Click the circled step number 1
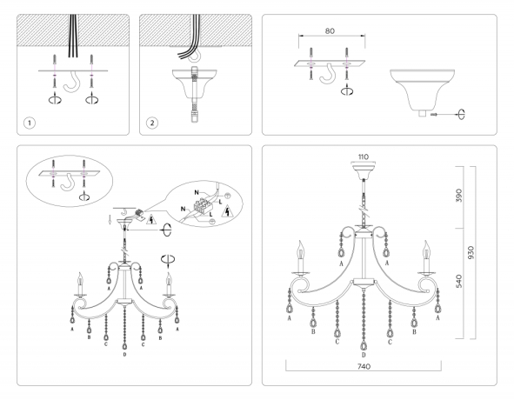point(30,123)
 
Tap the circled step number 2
point(153,123)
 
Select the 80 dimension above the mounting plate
point(329,30)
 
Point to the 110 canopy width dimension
point(364,157)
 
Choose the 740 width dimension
point(363,369)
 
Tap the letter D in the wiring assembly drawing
point(125,356)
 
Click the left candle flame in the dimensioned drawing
point(303,250)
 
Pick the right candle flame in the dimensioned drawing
point(424,250)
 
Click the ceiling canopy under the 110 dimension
point(364,172)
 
